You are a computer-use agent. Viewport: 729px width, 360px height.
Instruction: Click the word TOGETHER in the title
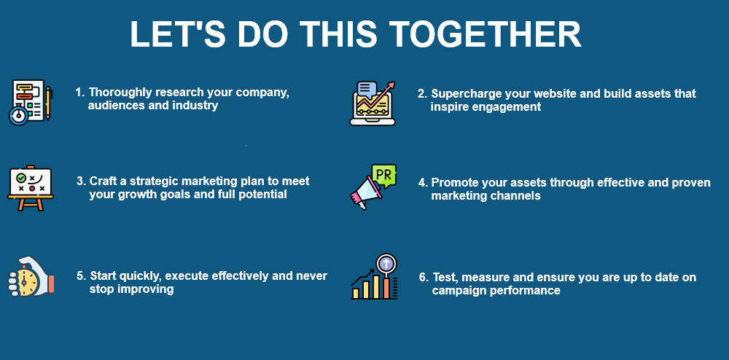(x=485, y=34)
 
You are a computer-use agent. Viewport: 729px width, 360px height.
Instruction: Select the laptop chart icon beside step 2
(x=373, y=103)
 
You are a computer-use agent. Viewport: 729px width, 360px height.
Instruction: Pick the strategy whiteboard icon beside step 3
(x=31, y=188)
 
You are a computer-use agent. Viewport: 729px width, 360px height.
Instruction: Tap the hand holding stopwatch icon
(x=31, y=277)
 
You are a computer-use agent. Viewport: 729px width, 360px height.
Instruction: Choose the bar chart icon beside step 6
(x=374, y=276)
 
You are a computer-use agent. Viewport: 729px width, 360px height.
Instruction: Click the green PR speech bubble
(x=384, y=176)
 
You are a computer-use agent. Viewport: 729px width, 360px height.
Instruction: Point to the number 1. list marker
(x=80, y=93)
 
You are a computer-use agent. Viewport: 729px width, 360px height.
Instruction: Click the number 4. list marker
(x=423, y=183)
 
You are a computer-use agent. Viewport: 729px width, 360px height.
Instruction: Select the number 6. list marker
(x=424, y=278)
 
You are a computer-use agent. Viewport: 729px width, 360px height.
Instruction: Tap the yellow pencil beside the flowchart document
(x=48, y=103)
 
